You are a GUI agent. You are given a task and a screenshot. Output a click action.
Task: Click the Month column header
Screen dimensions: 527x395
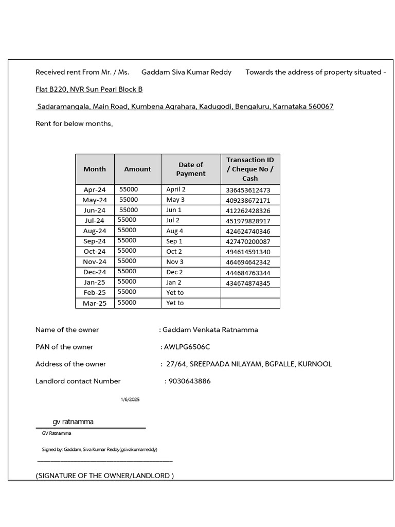tap(95, 169)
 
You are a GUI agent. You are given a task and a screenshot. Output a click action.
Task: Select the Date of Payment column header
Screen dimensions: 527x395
tap(191, 169)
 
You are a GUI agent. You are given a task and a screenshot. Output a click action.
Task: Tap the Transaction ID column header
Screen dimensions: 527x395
tap(250, 169)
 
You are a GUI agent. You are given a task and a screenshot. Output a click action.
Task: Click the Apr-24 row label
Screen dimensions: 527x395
tap(95, 190)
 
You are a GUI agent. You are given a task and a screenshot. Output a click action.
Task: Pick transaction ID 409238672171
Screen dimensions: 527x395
tap(248, 200)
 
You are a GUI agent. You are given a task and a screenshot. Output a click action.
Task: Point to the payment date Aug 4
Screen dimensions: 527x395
tap(175, 231)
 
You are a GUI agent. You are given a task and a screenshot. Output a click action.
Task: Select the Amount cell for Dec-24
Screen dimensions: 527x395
tap(127, 271)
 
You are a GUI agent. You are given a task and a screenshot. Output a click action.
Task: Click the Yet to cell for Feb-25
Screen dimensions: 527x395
tap(175, 293)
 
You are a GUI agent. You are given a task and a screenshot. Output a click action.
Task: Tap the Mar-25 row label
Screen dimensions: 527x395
tap(95, 303)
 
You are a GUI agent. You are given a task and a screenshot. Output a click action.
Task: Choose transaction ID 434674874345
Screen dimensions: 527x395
tap(248, 283)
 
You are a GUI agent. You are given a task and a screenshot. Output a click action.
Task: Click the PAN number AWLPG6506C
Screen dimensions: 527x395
tap(187, 347)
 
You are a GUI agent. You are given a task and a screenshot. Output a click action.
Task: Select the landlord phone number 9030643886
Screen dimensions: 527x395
tap(189, 381)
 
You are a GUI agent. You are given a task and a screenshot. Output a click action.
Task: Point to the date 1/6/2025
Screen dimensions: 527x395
tap(130, 400)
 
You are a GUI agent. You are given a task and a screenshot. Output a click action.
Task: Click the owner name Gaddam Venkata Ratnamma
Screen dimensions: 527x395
tap(210, 330)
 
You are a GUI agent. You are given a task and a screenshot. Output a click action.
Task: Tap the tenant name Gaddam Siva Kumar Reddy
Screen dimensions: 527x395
tap(186, 72)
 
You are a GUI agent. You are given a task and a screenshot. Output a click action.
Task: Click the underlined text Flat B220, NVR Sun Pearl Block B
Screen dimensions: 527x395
tap(89, 90)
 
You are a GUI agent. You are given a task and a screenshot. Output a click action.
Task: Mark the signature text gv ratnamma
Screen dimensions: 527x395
tap(73, 421)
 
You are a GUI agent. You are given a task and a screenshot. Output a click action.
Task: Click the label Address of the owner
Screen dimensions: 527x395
tap(70, 364)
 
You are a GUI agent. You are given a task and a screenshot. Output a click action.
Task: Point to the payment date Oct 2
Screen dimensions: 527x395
tap(174, 252)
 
